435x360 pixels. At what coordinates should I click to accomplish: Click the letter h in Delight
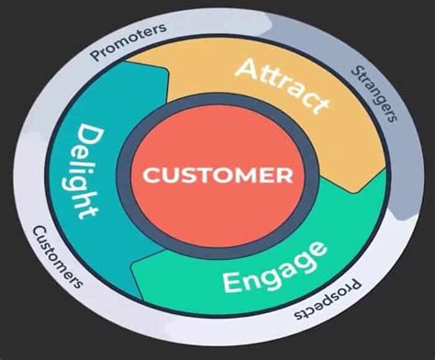(x=84, y=194)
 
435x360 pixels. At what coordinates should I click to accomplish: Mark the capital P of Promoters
(x=95, y=56)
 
